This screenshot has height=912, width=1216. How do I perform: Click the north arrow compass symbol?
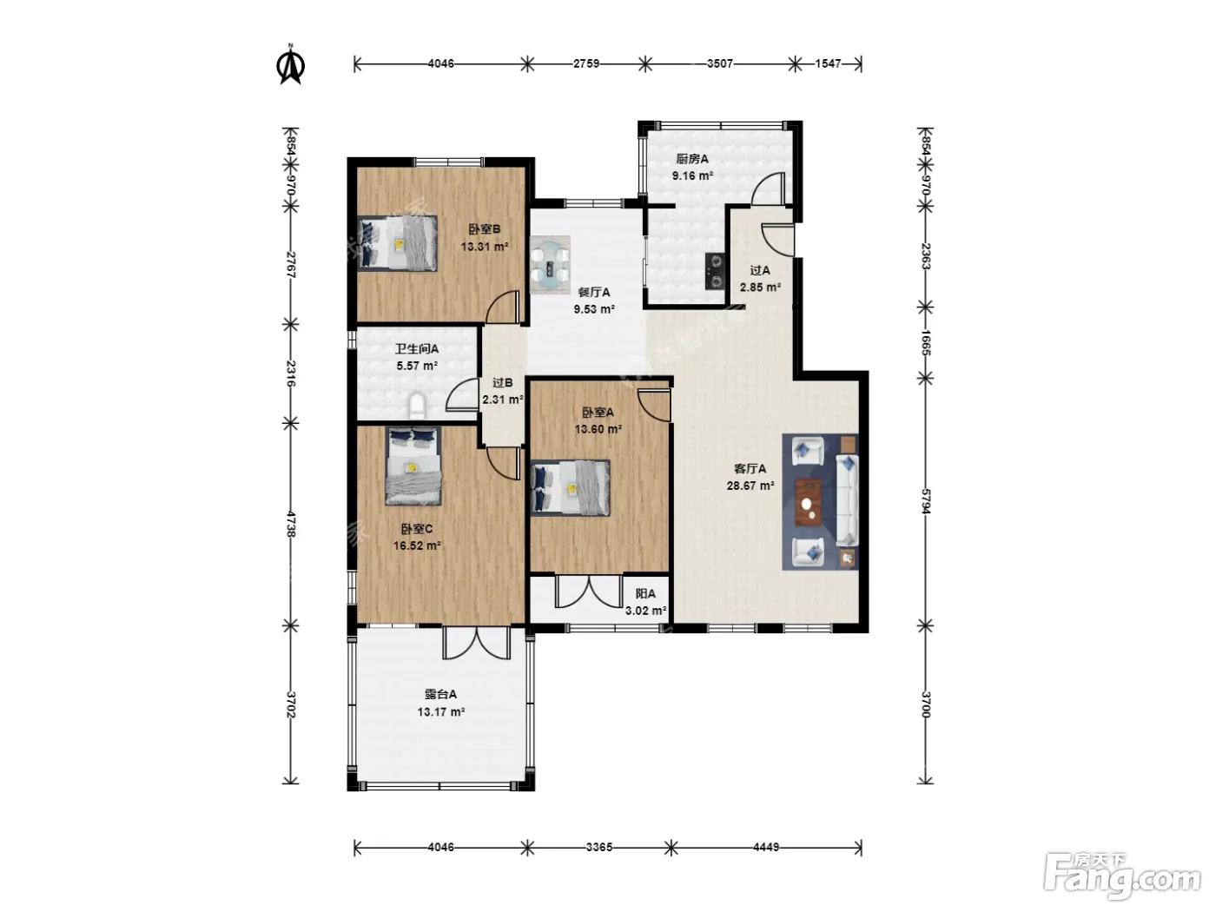290,64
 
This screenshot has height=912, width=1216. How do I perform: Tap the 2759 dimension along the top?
586,63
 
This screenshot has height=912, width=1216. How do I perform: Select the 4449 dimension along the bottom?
766,847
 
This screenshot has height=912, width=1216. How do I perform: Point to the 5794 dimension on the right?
926,501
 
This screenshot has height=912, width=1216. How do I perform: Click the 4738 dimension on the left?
291,525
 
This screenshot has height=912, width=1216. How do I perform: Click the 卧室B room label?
485,229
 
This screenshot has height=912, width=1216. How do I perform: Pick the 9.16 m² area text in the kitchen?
692,176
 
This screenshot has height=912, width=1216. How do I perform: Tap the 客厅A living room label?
750,469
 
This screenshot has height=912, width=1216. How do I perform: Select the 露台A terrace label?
440,694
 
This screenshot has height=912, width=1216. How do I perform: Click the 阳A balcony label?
645,594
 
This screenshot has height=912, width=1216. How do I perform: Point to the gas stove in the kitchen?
715,271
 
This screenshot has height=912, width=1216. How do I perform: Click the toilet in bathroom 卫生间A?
417,406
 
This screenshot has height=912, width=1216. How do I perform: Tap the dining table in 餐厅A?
550,265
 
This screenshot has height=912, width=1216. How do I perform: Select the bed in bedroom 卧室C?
413,466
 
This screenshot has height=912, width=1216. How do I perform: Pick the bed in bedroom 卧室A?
570,488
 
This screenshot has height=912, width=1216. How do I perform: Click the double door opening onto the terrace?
477,643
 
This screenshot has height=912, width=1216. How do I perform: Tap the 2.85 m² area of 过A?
760,287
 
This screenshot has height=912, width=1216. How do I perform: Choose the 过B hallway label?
503,383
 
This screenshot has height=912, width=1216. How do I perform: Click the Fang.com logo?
1122,877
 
